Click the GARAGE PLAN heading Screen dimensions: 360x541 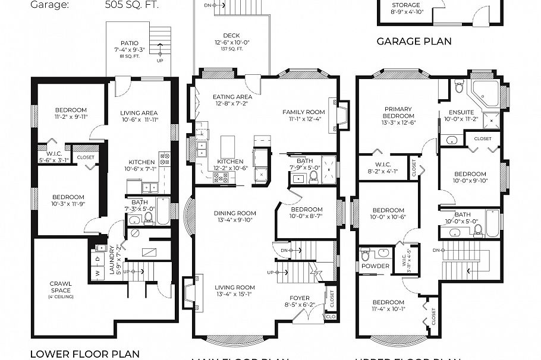click(414, 42)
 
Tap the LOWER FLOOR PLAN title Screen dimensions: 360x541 click(84, 354)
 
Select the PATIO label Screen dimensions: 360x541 click(129, 43)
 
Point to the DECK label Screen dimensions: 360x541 click(231, 36)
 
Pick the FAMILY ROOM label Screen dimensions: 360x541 click(303, 112)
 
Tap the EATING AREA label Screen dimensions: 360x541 click(233, 97)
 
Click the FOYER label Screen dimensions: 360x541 click(299, 298)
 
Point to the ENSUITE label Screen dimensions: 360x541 click(462, 112)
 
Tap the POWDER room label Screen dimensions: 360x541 click(375, 266)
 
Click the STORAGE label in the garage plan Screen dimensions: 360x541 click(422, 5)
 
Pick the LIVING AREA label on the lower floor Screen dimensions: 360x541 click(139, 113)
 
